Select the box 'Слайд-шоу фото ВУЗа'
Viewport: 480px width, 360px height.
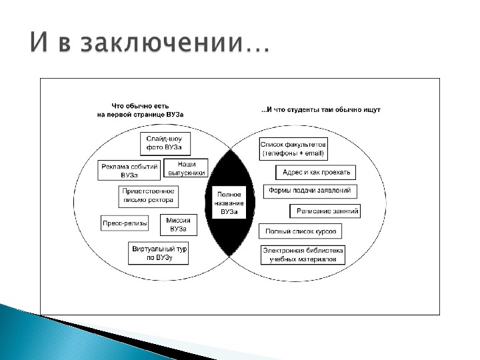164,143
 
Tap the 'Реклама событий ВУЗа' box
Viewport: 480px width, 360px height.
130,171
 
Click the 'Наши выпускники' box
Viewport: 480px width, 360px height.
185,167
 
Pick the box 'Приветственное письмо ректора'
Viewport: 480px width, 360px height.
148,195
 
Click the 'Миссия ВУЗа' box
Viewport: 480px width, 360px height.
179,225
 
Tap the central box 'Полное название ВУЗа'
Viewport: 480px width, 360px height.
229,202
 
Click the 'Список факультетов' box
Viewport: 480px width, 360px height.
293,149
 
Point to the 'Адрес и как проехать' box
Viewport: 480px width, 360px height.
315,172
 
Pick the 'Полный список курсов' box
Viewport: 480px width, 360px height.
300,231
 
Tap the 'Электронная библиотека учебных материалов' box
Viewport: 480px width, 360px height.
303,254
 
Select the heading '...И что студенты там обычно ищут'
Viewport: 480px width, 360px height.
320,109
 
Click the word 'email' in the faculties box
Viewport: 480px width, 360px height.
312,153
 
